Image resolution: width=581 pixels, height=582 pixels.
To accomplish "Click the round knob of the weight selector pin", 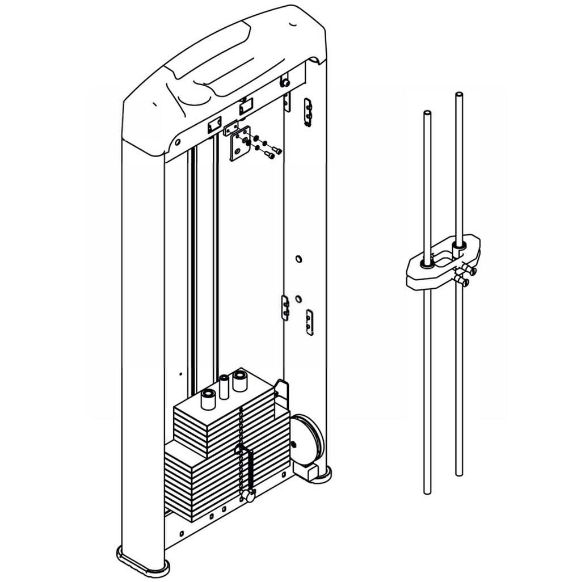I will pos(247,496).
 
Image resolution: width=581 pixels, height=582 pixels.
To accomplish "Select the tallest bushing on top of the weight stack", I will pos(239,380).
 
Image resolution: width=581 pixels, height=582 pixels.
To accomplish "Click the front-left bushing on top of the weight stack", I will pos(208,399).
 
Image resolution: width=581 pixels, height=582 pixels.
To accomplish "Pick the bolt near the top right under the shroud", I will pos(285,83).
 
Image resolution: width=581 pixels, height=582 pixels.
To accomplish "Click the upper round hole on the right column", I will pos(298,259).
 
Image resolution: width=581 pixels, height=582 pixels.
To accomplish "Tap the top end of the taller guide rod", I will pos(458,94).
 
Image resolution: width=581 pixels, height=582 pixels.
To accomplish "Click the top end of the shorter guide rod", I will pos(427,113).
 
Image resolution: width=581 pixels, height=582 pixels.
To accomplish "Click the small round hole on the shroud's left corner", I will pos(178,142).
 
